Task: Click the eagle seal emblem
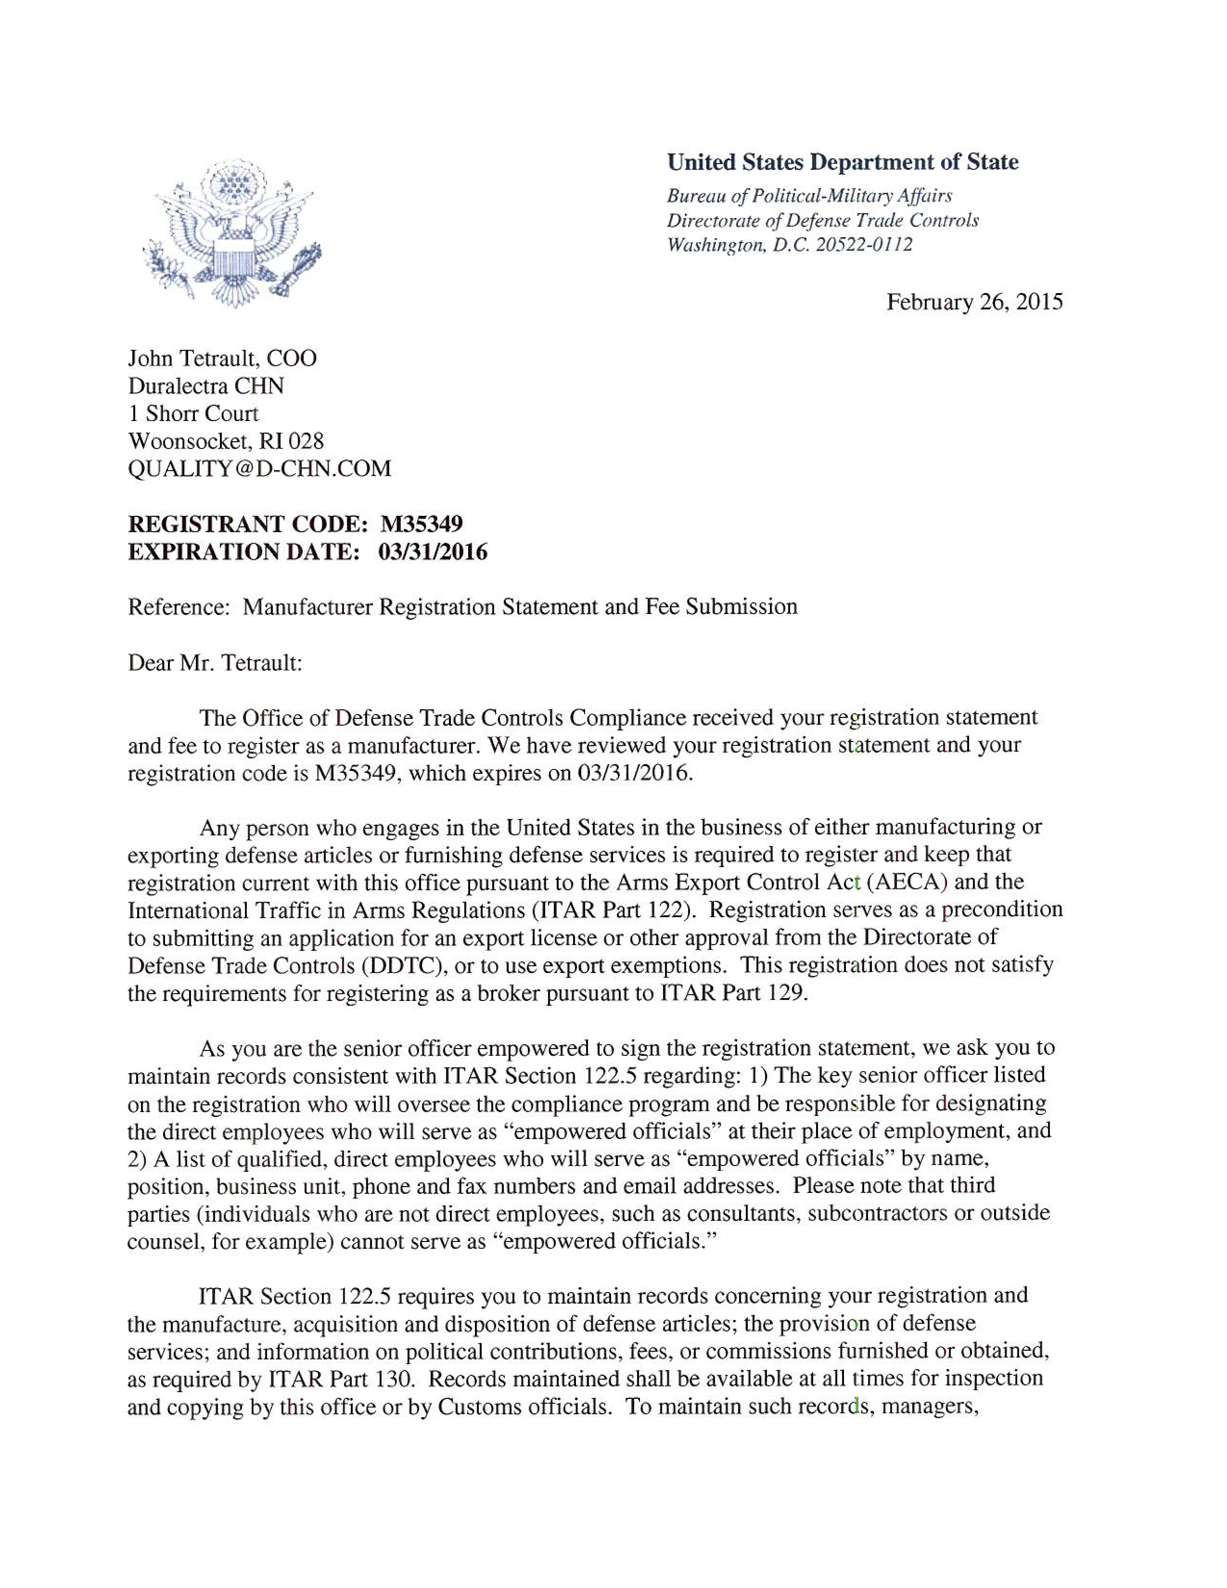coord(232,233)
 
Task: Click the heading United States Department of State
coord(843,162)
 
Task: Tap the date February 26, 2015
coord(974,302)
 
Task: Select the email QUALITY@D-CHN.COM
coord(259,468)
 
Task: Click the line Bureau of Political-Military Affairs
coord(809,195)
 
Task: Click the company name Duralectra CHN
coord(206,385)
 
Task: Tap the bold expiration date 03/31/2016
coord(433,552)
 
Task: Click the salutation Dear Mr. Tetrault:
coord(215,663)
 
